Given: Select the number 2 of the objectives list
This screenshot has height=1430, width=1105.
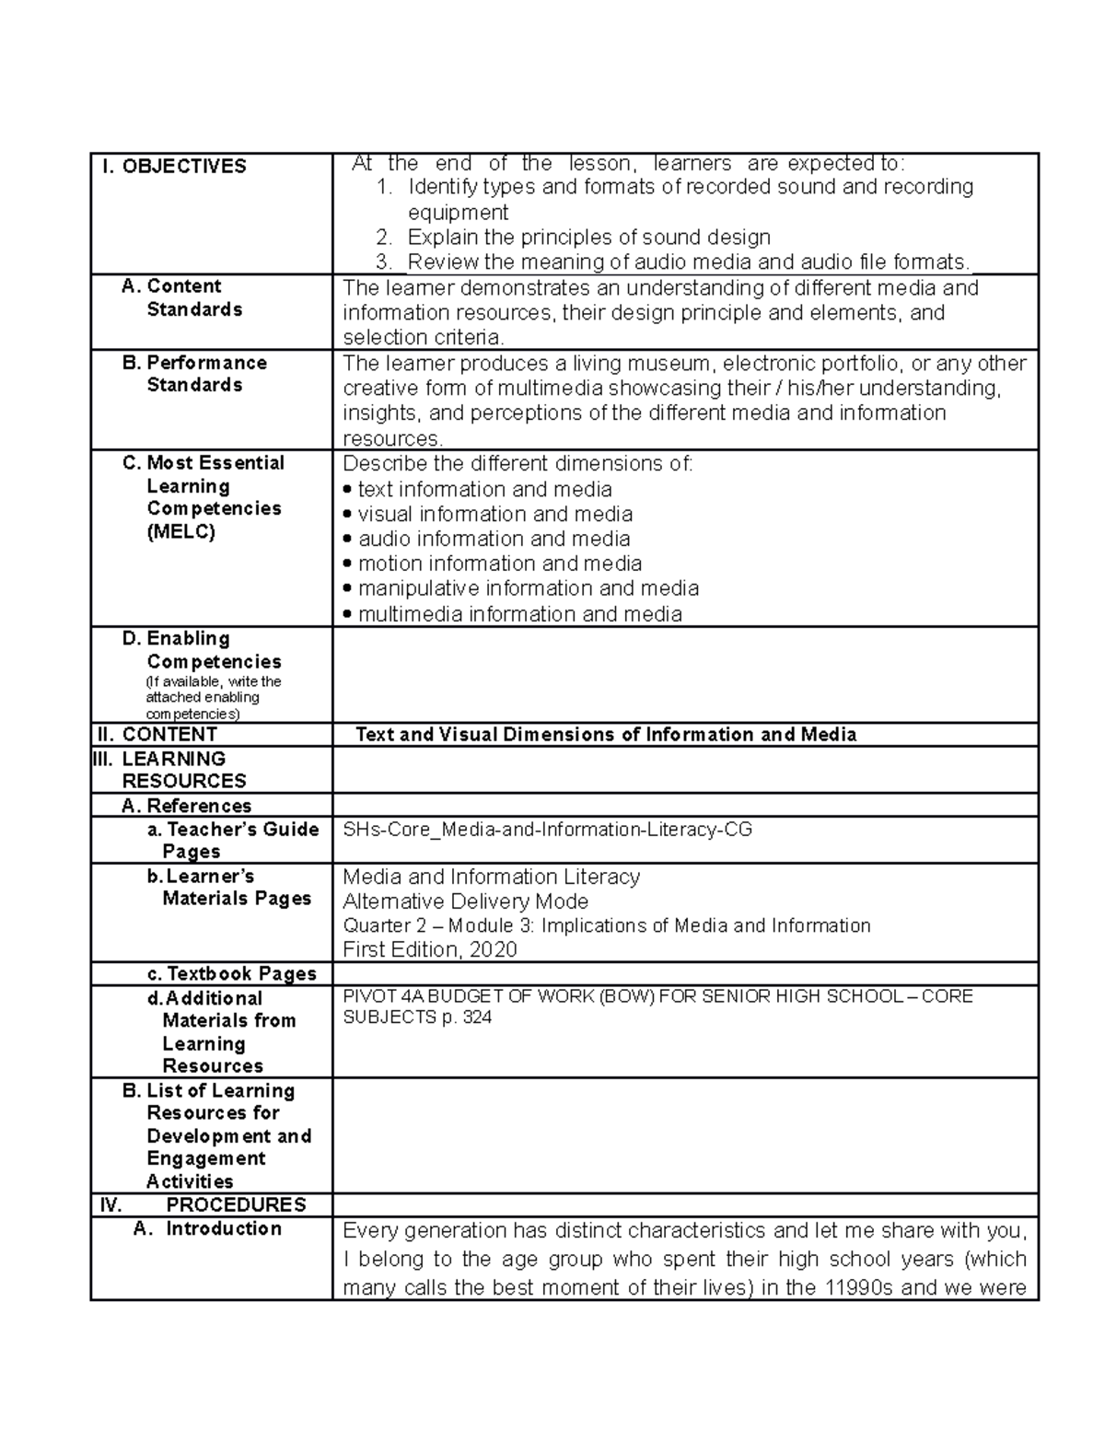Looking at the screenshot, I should pyautogui.click(x=384, y=238).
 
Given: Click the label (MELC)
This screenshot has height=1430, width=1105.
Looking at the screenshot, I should pyautogui.click(x=180, y=531).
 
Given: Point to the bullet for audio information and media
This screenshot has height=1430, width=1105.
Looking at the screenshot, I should pyautogui.click(x=347, y=540).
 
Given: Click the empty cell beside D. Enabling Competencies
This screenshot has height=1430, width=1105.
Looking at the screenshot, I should pyautogui.click(x=684, y=675).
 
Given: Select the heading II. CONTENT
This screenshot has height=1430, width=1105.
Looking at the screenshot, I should pyautogui.click(x=157, y=735).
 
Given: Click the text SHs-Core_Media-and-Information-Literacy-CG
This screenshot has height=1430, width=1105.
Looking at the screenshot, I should pyautogui.click(x=547, y=830).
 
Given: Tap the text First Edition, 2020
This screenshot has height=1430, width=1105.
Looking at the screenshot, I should pyautogui.click(x=429, y=949).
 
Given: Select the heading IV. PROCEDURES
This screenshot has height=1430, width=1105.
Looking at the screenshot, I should pyautogui.click(x=203, y=1204).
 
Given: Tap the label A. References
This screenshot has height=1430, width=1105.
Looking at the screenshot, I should pyautogui.click(x=186, y=806).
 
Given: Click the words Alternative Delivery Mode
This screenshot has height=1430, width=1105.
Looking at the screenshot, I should pyautogui.click(x=465, y=901).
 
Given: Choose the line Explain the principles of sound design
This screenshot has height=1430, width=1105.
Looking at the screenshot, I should pyautogui.click(x=588, y=238).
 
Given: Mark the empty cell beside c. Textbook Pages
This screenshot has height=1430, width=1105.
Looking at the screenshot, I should pyautogui.click(x=684, y=974).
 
